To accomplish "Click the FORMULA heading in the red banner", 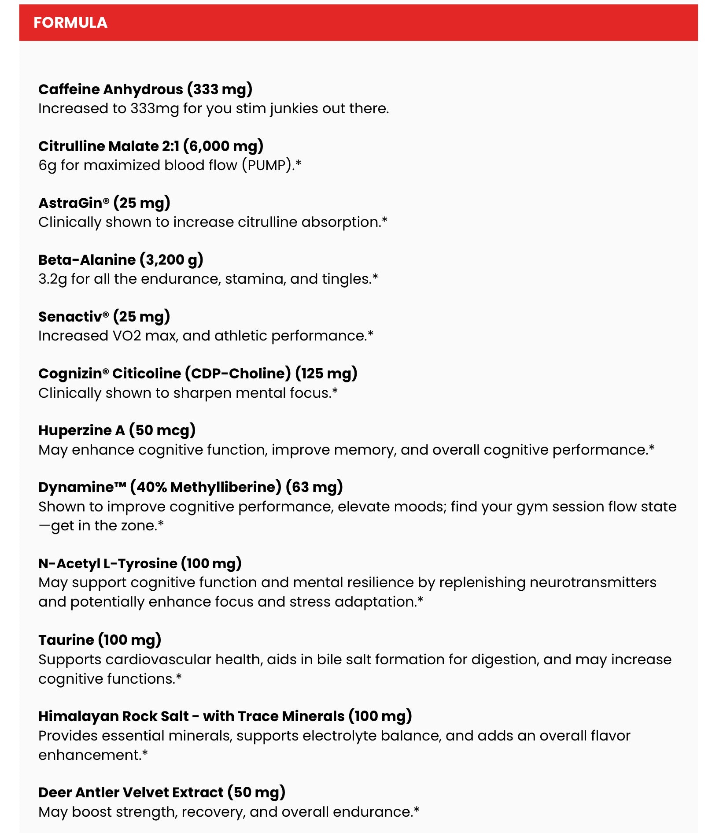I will pyautogui.click(x=70, y=22).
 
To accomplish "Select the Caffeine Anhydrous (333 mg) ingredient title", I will pyautogui.click(x=145, y=89).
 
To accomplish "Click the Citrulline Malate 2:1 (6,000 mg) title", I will pyautogui.click(x=151, y=146).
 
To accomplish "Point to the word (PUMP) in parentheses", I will pyautogui.click(x=267, y=165).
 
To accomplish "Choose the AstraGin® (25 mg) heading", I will pyautogui.click(x=104, y=203).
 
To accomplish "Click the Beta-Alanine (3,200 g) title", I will pyautogui.click(x=121, y=259).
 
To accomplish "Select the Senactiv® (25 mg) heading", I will pyautogui.click(x=104, y=316).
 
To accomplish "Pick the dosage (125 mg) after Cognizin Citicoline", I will pyautogui.click(x=326, y=373).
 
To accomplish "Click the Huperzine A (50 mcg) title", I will pyautogui.click(x=117, y=430).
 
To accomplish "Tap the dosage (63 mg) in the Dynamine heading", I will pyautogui.click(x=314, y=487).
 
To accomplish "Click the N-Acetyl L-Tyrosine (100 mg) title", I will pyautogui.click(x=140, y=563).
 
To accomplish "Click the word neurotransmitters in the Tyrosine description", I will pyautogui.click(x=593, y=582).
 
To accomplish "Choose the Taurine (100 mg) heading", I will pyautogui.click(x=100, y=639).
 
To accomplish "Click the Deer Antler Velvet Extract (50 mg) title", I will pyautogui.click(x=162, y=792).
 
